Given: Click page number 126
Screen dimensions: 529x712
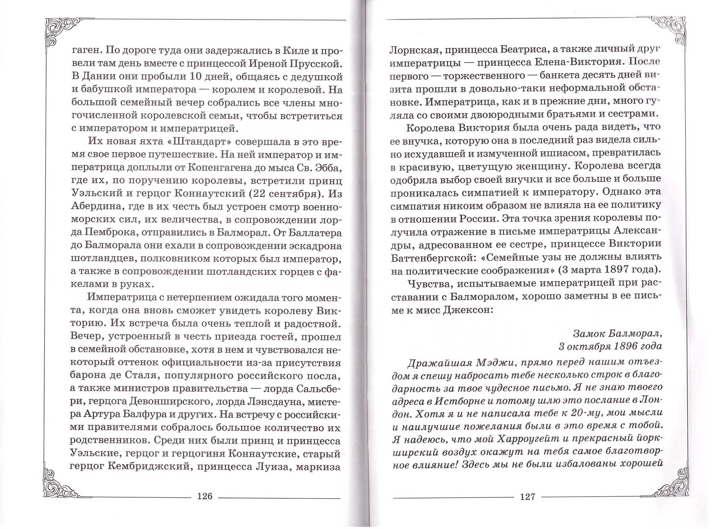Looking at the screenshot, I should [204, 496].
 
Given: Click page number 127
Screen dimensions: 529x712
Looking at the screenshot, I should [527, 497].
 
